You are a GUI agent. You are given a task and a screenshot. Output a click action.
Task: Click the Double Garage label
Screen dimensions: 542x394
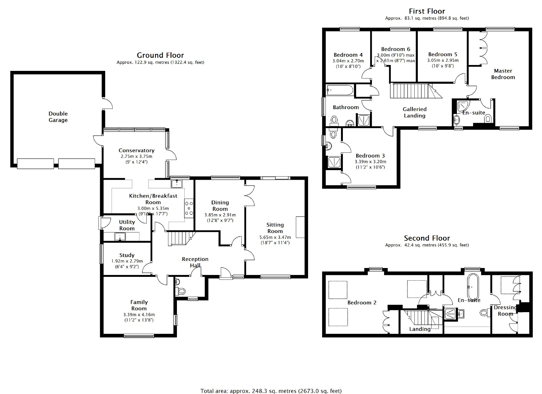click(58, 117)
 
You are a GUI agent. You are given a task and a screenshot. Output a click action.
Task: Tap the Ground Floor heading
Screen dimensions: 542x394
click(160, 55)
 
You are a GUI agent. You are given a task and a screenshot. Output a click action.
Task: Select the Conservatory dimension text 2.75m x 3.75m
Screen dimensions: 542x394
click(137, 156)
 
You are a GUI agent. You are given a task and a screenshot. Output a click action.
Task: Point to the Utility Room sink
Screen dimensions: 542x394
click(120, 236)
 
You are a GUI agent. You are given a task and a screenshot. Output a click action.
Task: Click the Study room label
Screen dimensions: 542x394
click(127, 255)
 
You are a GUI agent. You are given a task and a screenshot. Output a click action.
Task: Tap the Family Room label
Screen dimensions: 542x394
click(139, 305)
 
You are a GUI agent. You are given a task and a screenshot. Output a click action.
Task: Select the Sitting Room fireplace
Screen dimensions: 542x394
click(300, 227)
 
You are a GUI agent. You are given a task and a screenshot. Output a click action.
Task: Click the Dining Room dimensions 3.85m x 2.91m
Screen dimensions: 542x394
click(220, 215)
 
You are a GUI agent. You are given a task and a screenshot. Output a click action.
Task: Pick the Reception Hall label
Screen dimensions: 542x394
click(195, 262)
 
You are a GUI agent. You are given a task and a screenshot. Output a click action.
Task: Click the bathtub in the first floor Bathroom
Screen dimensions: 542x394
click(339, 90)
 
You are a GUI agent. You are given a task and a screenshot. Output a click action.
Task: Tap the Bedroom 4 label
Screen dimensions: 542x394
click(348, 55)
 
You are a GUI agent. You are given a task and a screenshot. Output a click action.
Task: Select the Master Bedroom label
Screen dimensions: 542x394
click(503, 74)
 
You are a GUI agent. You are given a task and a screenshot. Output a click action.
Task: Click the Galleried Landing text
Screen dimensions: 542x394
click(415, 112)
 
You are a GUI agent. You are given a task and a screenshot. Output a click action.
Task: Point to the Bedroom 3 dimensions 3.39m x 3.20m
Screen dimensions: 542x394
click(370, 162)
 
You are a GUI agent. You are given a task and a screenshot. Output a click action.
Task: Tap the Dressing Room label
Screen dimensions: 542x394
click(505, 311)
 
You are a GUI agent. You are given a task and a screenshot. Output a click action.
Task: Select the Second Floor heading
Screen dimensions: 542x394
click(427, 238)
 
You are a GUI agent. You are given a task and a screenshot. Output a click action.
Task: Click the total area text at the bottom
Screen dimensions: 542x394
click(271, 391)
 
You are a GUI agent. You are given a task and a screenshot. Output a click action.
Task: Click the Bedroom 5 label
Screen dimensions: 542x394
click(443, 54)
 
